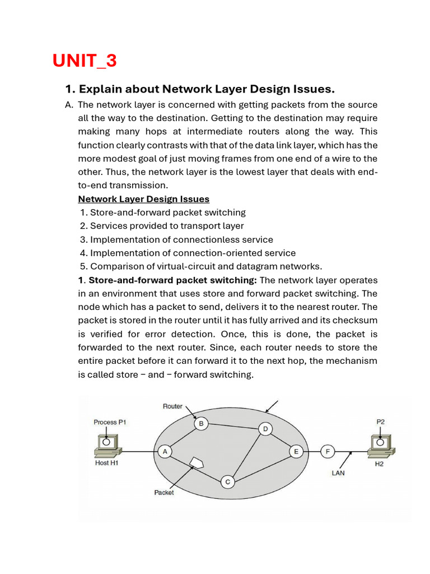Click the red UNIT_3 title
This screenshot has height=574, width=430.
(x=85, y=61)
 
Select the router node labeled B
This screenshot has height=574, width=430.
(x=200, y=424)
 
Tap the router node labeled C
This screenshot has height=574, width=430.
(x=227, y=482)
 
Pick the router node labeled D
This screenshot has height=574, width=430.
(x=265, y=429)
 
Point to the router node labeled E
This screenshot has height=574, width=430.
(x=295, y=451)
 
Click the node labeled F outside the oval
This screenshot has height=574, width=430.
(x=328, y=451)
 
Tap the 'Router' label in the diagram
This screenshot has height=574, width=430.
(x=172, y=406)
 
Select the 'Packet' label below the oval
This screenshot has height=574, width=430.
(x=164, y=493)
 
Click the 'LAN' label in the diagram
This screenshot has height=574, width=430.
(x=338, y=473)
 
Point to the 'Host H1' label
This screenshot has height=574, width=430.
(x=106, y=463)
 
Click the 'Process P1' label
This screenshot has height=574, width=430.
(x=110, y=422)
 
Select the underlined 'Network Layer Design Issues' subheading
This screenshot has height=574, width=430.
(x=143, y=199)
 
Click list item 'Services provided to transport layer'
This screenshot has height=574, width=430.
(x=166, y=226)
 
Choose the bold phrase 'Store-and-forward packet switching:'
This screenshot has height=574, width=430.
(x=172, y=280)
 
